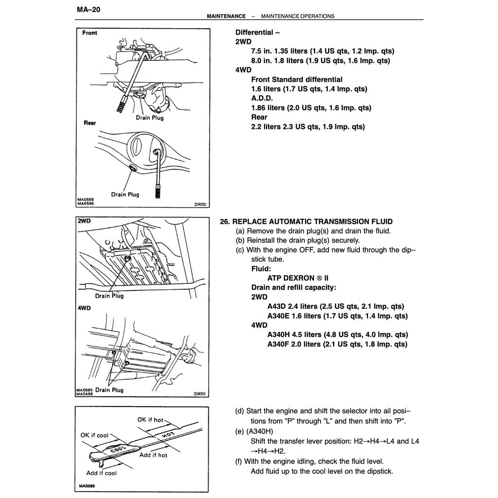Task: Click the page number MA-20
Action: pyautogui.click(x=89, y=9)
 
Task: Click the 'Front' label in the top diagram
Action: pyautogui.click(x=89, y=33)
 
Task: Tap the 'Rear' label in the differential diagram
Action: pyautogui.click(x=89, y=123)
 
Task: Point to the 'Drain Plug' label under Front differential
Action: pyautogui.click(x=150, y=118)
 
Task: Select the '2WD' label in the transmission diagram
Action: pyautogui.click(x=84, y=221)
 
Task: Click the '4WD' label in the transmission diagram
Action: pyautogui.click(x=84, y=308)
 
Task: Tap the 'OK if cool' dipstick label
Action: pyautogui.click(x=94, y=435)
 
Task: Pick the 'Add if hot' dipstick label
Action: pyautogui.click(x=153, y=455)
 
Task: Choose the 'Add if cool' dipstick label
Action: pyautogui.click(x=102, y=473)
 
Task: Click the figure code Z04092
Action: pyautogui.click(x=200, y=205)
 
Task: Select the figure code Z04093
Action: pyautogui.click(x=199, y=394)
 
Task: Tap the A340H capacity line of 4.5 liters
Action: pyautogui.click(x=338, y=335)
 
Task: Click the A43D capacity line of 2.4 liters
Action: pyautogui.click(x=336, y=306)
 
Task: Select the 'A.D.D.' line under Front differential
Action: pyautogui.click(x=263, y=98)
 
